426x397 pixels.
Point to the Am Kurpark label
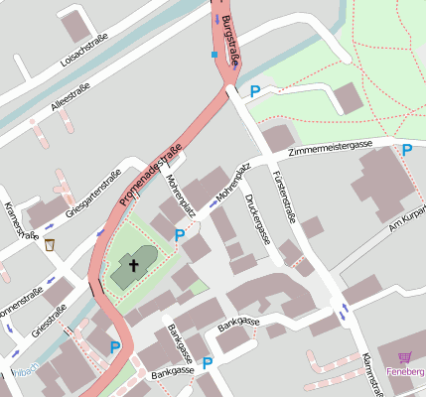coord(406,218)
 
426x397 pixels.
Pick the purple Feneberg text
coord(405,372)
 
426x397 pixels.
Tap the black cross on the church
coord(132,265)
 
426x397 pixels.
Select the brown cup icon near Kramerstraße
coord(50,244)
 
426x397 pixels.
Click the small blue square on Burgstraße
coord(213,54)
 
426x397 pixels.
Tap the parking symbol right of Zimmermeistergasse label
coord(406,150)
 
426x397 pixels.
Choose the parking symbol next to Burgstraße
coord(254,91)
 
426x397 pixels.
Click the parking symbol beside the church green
coord(180,235)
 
